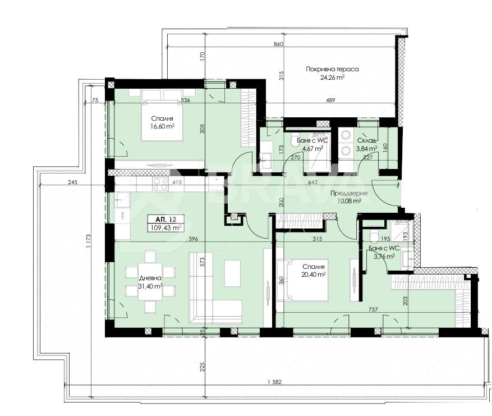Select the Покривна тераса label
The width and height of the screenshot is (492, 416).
pos(332,69)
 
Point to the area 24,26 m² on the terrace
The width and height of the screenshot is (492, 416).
pos(332,78)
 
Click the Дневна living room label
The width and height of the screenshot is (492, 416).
pos(150,278)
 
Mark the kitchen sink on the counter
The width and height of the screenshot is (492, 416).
pos(122,199)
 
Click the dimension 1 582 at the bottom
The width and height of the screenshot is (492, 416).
pos(274,383)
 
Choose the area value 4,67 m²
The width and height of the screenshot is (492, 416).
pos(312,149)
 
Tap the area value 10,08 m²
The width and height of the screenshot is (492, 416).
pos(348,200)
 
